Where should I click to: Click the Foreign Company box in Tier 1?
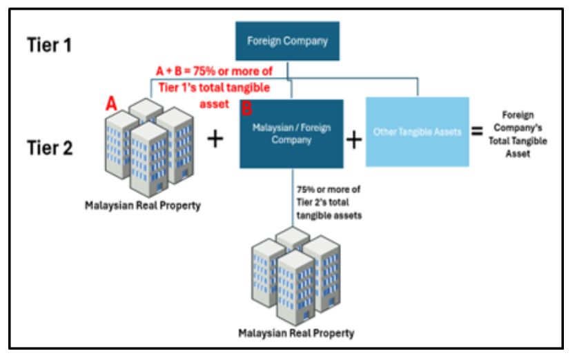(287, 41)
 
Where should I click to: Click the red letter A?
(110, 104)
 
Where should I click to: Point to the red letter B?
(246, 108)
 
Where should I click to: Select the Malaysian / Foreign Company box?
(291, 134)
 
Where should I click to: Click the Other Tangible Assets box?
(417, 132)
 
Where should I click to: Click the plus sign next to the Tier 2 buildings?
(215, 139)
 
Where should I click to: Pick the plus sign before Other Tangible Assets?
(353, 139)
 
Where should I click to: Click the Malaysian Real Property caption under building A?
(143, 205)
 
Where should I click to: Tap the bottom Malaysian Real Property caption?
(296, 334)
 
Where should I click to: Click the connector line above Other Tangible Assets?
(417, 88)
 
